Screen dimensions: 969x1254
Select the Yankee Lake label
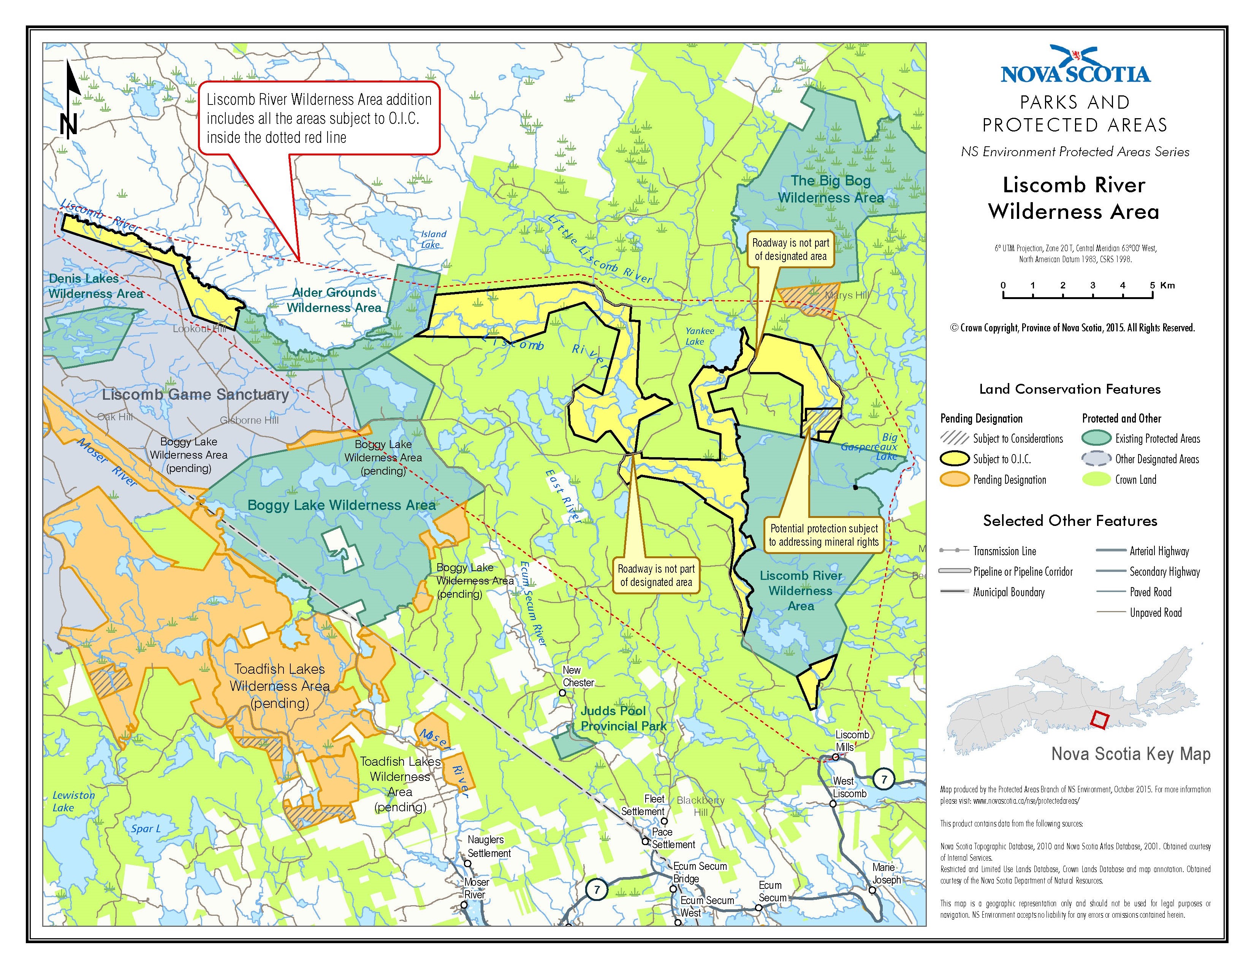[x=699, y=336]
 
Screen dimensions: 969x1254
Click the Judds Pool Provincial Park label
[x=623, y=718]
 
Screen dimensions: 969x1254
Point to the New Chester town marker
[x=563, y=693]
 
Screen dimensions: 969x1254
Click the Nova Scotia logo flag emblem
[x=1074, y=56]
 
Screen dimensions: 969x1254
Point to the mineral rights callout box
[x=823, y=535]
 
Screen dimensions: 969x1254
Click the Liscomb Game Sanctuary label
[x=195, y=394]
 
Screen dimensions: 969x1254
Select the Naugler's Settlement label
[x=488, y=846]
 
